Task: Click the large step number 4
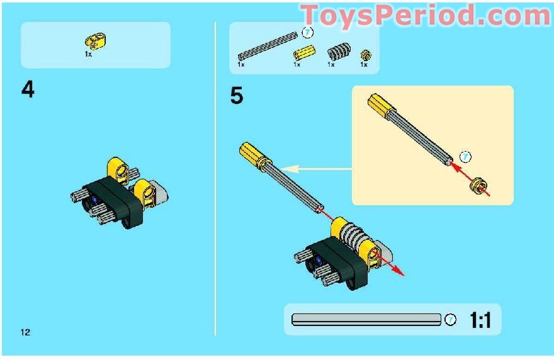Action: [28, 91]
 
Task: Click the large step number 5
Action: [237, 97]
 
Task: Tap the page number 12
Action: [25, 332]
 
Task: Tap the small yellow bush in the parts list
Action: [364, 54]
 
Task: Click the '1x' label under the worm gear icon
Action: [331, 64]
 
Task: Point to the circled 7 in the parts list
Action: [307, 33]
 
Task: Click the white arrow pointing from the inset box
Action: [315, 168]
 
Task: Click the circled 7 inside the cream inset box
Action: [465, 155]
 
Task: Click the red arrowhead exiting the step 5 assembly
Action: [398, 272]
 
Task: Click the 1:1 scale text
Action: [480, 321]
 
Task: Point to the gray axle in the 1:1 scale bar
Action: [366, 320]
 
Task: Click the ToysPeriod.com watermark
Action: [426, 14]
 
